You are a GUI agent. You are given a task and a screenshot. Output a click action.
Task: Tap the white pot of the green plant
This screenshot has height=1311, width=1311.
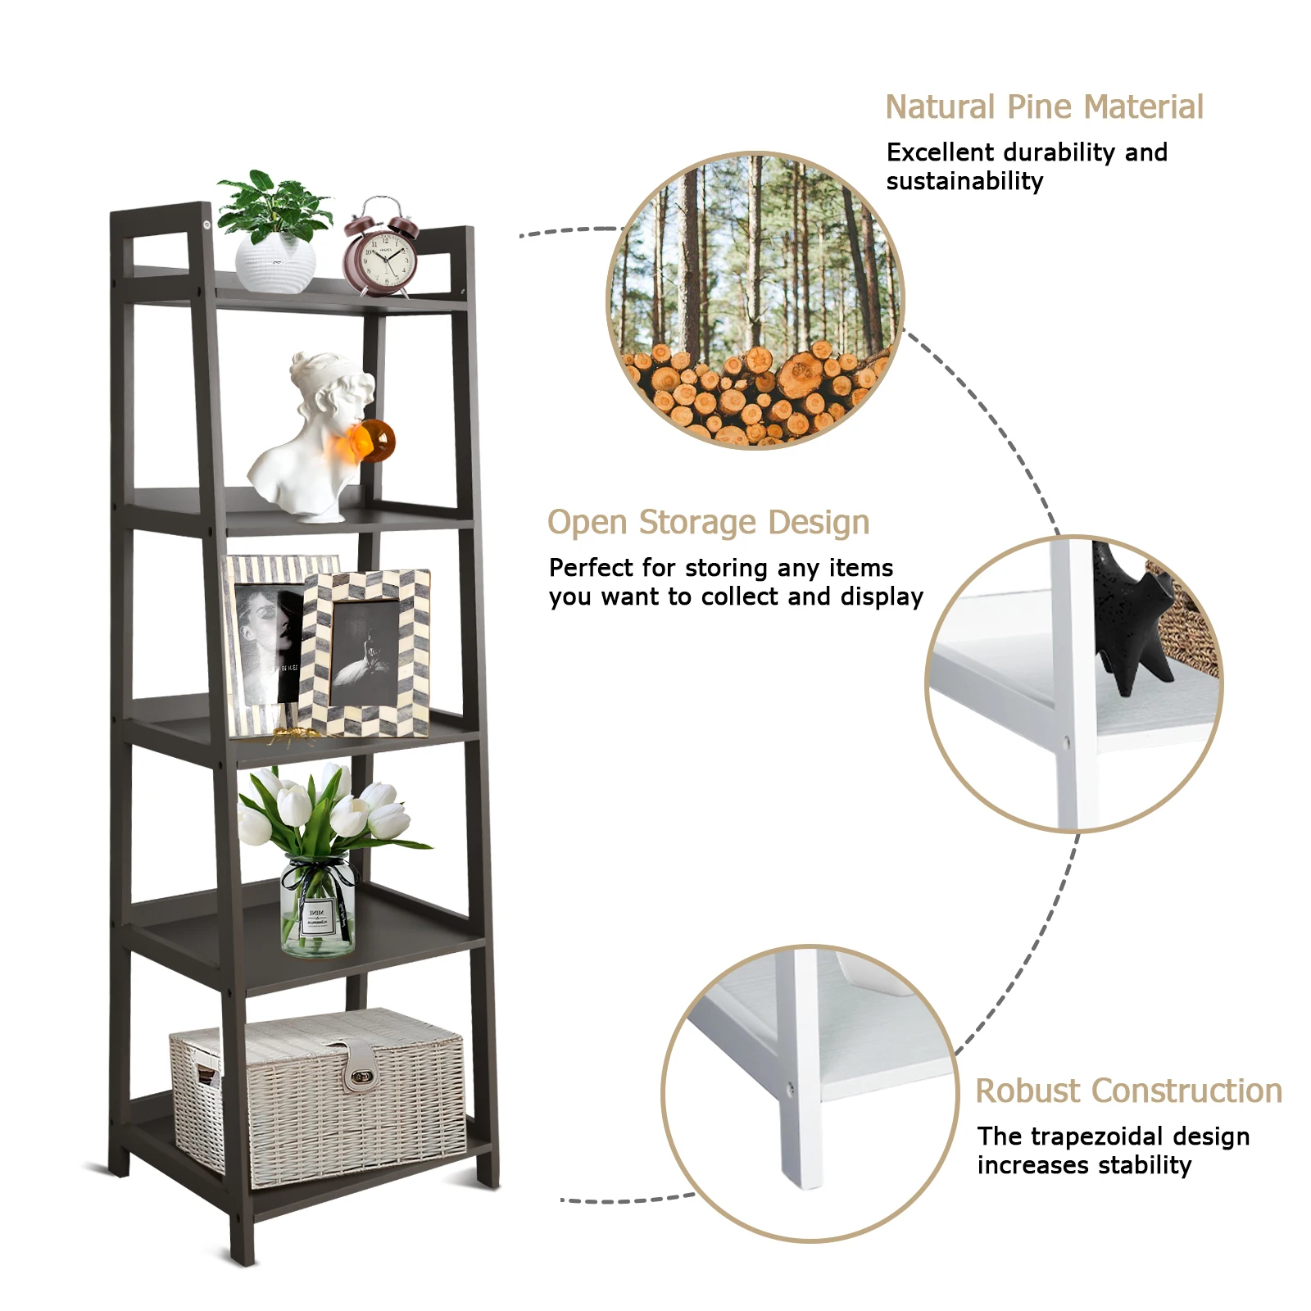pos(275,264)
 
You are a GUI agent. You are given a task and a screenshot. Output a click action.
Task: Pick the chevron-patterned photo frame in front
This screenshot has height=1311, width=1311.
pos(365,651)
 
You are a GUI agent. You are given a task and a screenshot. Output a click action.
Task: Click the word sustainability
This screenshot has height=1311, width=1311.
pos(964,181)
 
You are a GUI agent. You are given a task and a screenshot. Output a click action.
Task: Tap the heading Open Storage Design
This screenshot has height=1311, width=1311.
pos(708,523)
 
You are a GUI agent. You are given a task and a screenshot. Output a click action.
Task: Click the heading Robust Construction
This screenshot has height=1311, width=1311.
pos(1128,1091)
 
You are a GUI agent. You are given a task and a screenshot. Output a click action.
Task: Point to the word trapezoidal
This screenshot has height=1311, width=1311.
pos(1096,1136)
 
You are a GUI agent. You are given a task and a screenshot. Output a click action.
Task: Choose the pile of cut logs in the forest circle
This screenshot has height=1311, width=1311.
pos(754,393)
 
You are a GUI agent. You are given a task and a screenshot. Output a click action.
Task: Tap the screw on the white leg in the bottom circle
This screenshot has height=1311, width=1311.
pos(790,1090)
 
